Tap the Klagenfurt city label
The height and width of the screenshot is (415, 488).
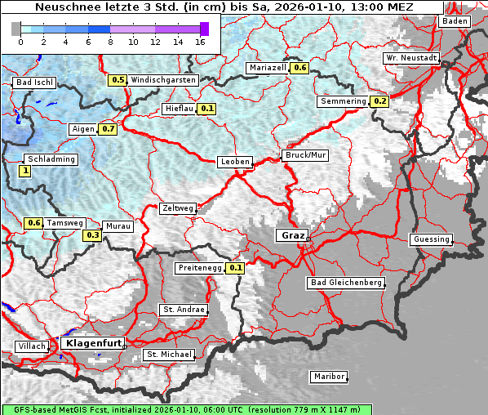point(92,344)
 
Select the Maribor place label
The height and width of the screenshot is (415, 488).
point(329,377)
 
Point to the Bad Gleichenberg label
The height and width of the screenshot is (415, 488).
point(345,283)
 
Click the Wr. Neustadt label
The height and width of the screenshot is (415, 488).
point(411,59)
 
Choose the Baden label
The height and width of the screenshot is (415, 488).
point(455,21)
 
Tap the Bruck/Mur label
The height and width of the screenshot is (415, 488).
point(304,154)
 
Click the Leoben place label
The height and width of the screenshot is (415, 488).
point(235,162)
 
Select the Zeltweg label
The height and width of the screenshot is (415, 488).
point(177,208)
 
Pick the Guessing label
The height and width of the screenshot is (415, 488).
point(431,239)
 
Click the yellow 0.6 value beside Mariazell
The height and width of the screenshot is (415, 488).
point(299,68)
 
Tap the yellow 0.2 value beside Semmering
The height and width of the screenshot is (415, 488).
point(379,101)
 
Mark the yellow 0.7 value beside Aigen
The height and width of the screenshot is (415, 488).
point(109,129)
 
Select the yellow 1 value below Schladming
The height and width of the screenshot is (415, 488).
point(25,171)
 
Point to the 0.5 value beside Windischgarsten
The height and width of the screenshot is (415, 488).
point(118,80)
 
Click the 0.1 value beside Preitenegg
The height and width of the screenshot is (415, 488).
point(236,267)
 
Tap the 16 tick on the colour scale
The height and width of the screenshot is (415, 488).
point(201,41)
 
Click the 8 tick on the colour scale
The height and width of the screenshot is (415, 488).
point(110,41)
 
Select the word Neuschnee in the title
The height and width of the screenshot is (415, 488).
point(64,7)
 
